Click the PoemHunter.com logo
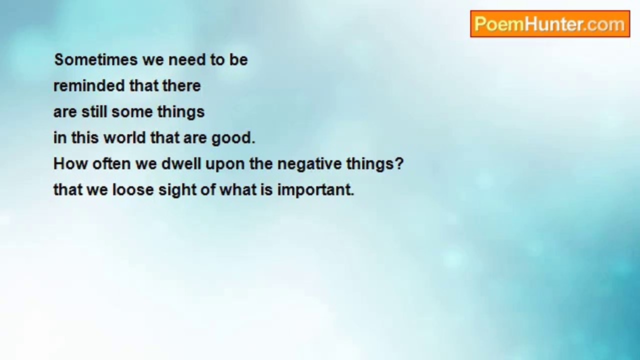click(550, 24)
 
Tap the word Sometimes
click(96, 59)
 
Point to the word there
click(181, 85)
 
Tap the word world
click(125, 137)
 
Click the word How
click(71, 163)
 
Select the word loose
click(133, 189)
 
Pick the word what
click(238, 189)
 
